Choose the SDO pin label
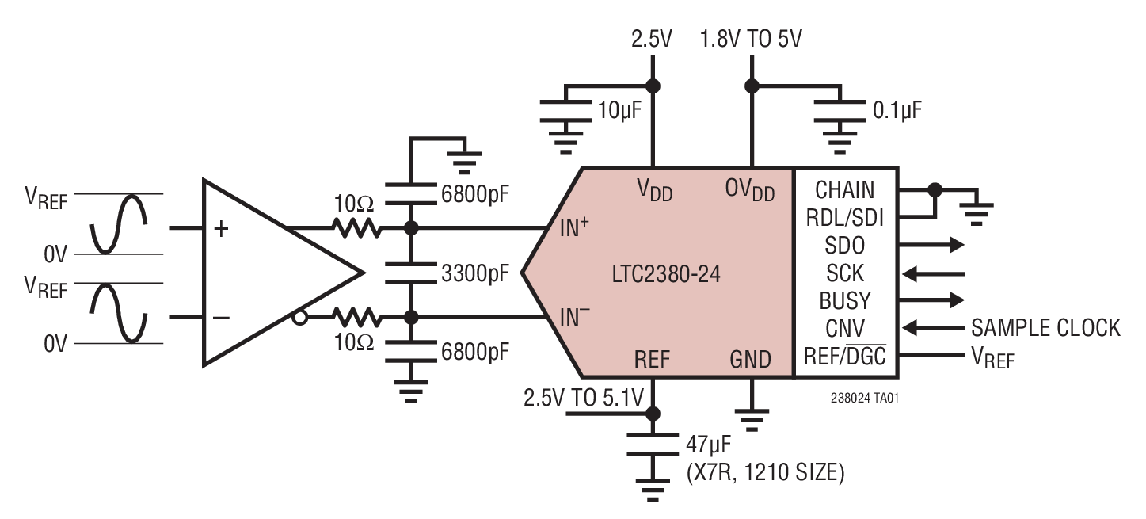point(844,245)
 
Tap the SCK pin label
point(844,273)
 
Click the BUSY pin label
point(844,301)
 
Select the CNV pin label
point(844,329)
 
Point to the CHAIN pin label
point(844,190)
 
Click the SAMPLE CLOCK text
point(1045,328)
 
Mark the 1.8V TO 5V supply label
point(752,38)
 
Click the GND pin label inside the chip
point(749,360)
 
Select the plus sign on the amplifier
point(223,229)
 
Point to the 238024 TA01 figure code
point(859,399)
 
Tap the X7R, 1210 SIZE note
point(765,473)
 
